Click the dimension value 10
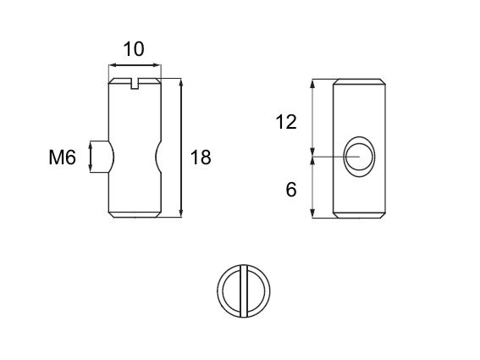(134, 49)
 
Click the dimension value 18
(201, 158)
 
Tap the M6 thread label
(62, 158)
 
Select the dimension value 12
(286, 122)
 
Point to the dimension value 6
(291, 190)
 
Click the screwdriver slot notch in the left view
(135, 84)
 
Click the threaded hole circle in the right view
(360, 157)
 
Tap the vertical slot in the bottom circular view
(244, 291)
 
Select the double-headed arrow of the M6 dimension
(91, 157)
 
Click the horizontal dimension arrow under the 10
(135, 65)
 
